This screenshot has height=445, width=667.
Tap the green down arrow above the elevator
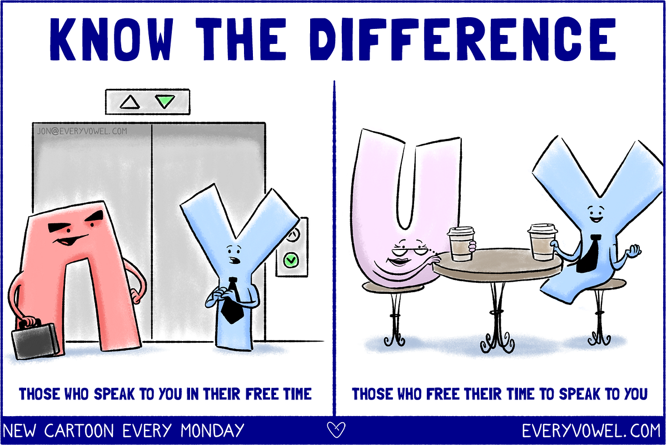165,101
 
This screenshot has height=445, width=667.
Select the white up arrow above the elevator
130,102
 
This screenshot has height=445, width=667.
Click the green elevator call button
291,260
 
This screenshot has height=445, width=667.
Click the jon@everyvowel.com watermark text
82,131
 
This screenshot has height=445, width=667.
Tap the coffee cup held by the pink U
461,244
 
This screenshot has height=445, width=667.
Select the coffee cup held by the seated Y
542,242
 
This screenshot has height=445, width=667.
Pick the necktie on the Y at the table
588,254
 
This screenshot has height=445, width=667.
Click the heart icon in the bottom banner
336,430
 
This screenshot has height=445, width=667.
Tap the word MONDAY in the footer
212,431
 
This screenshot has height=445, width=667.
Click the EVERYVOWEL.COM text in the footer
591,431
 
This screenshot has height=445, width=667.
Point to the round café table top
497,266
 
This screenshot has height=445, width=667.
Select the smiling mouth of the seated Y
596,219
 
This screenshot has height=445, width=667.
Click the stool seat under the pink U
393,287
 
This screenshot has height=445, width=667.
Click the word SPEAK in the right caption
579,394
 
